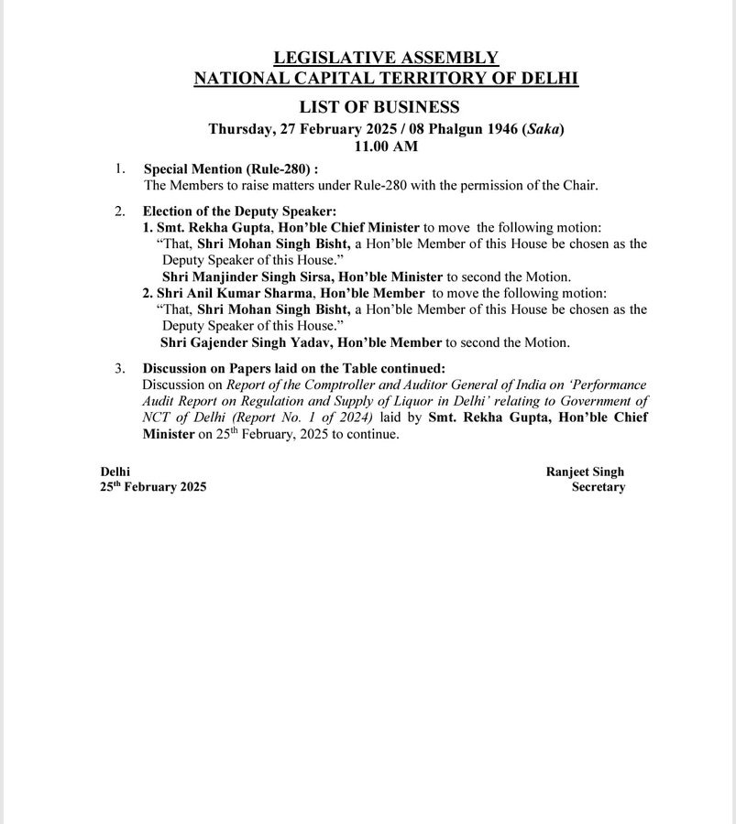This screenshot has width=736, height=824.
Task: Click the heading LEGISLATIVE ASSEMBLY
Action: tap(386, 58)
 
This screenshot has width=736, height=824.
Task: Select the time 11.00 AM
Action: tap(386, 145)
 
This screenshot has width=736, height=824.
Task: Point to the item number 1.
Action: tap(119, 169)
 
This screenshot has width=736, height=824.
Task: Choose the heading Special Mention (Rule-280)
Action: tap(230, 169)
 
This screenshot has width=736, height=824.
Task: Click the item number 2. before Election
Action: tap(119, 211)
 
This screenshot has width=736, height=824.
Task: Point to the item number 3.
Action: tap(119, 368)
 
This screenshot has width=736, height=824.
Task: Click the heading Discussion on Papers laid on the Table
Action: tap(293, 368)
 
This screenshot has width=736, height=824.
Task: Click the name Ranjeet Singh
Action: tap(585, 472)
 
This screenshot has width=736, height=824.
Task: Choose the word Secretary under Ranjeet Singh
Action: tap(598, 487)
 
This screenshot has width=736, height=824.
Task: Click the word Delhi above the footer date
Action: tap(115, 472)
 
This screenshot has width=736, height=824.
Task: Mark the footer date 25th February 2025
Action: tap(153, 487)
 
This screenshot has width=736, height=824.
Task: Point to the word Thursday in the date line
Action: tap(240, 129)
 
